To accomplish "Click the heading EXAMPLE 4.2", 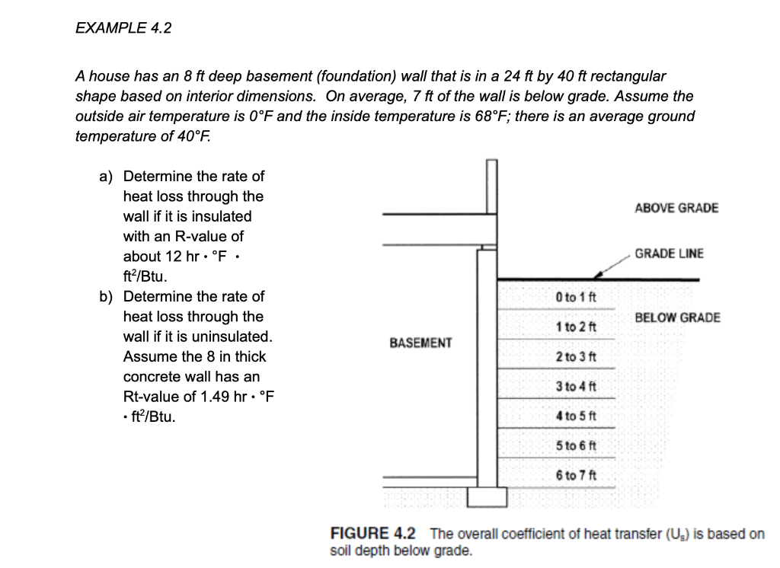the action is pos(123,28).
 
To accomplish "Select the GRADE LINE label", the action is pos(670,254).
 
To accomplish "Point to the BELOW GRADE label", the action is pos(677,317).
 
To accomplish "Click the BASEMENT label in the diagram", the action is pos(420,343).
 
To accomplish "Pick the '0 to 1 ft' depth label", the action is pos(575,297).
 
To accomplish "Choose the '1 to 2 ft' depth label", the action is pos(575,327).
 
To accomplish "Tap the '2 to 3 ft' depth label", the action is pos(575,356).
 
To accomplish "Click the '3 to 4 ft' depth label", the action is pos(575,387).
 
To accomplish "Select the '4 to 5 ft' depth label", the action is pos(575,416).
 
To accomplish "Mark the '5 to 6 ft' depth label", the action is pos(575,446).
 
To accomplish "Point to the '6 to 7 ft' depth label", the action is pos(575,476).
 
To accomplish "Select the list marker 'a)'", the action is pos(107,177).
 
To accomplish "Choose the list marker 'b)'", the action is pos(107,297).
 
